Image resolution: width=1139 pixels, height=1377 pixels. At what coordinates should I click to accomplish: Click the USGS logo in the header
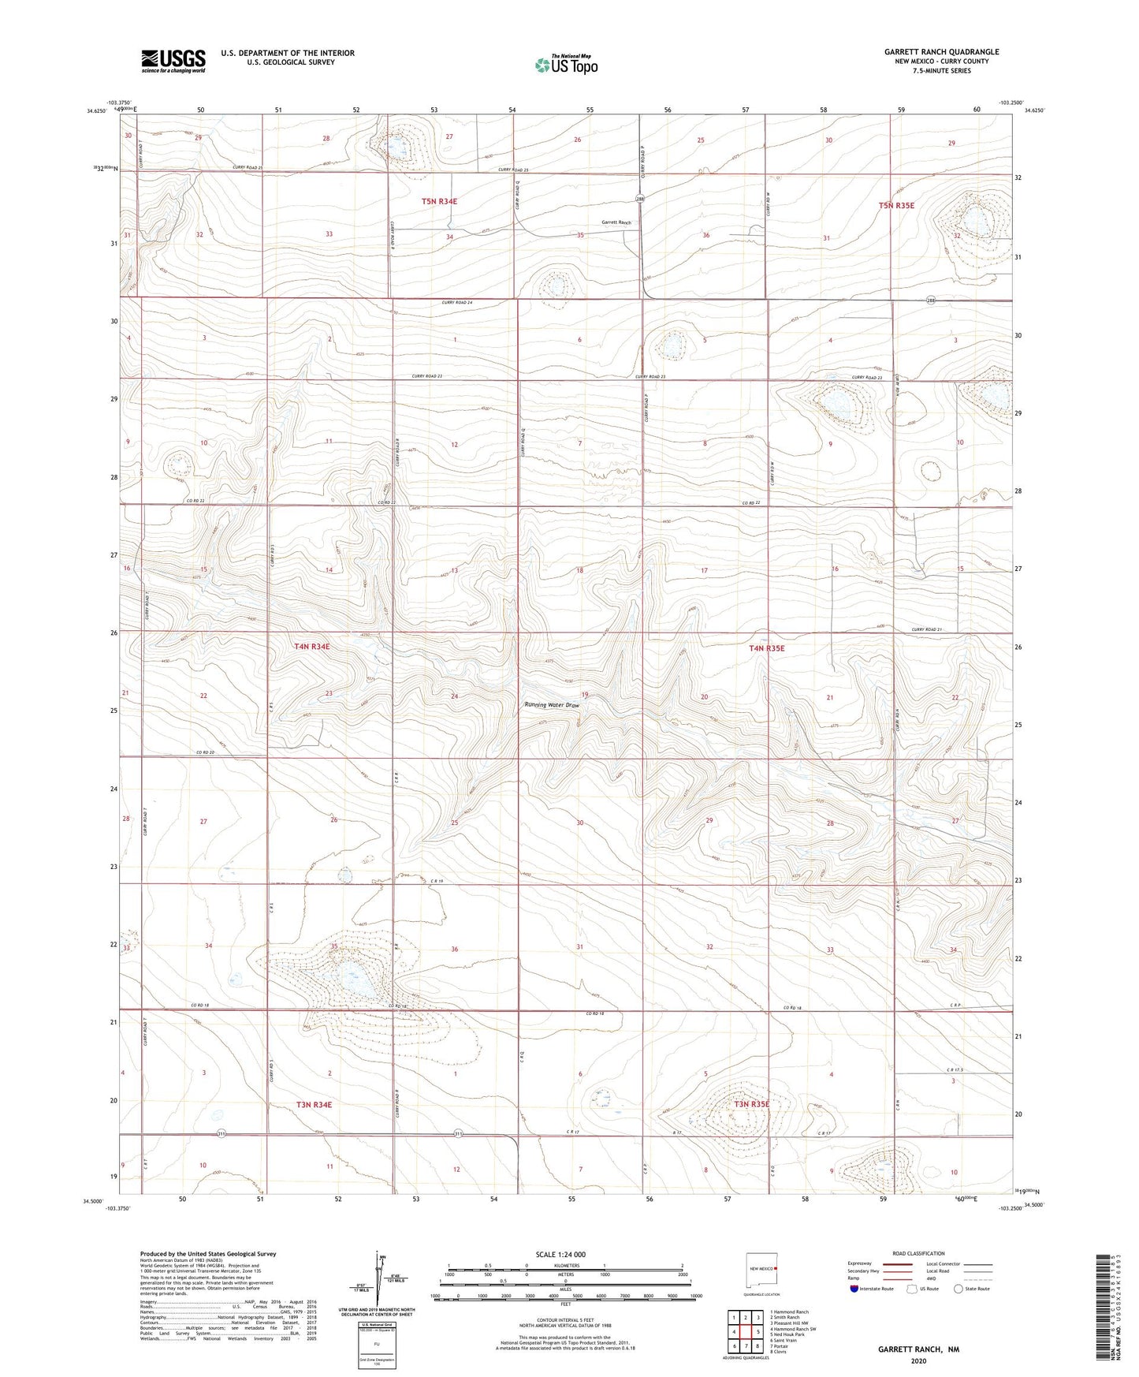(173, 60)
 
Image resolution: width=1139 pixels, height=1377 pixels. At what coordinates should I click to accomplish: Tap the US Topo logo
(566, 65)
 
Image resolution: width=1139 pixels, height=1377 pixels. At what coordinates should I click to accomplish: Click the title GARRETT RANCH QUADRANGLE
(941, 52)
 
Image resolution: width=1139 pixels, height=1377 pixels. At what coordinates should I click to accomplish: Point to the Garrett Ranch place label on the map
(616, 222)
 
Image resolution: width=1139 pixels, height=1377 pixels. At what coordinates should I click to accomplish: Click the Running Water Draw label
(552, 705)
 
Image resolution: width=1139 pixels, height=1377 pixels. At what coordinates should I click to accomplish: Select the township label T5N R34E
(439, 201)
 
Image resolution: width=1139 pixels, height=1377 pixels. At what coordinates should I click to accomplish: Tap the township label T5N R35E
(896, 205)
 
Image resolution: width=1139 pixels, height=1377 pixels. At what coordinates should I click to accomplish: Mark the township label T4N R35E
(766, 648)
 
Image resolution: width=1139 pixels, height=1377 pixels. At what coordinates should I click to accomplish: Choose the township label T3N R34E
(314, 1105)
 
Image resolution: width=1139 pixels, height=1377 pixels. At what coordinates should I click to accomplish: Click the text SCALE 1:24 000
(560, 1254)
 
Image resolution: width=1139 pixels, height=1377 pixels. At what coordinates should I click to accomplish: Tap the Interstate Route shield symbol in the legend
(855, 1289)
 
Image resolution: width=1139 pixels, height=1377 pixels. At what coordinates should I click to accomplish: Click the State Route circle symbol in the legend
(958, 1289)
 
